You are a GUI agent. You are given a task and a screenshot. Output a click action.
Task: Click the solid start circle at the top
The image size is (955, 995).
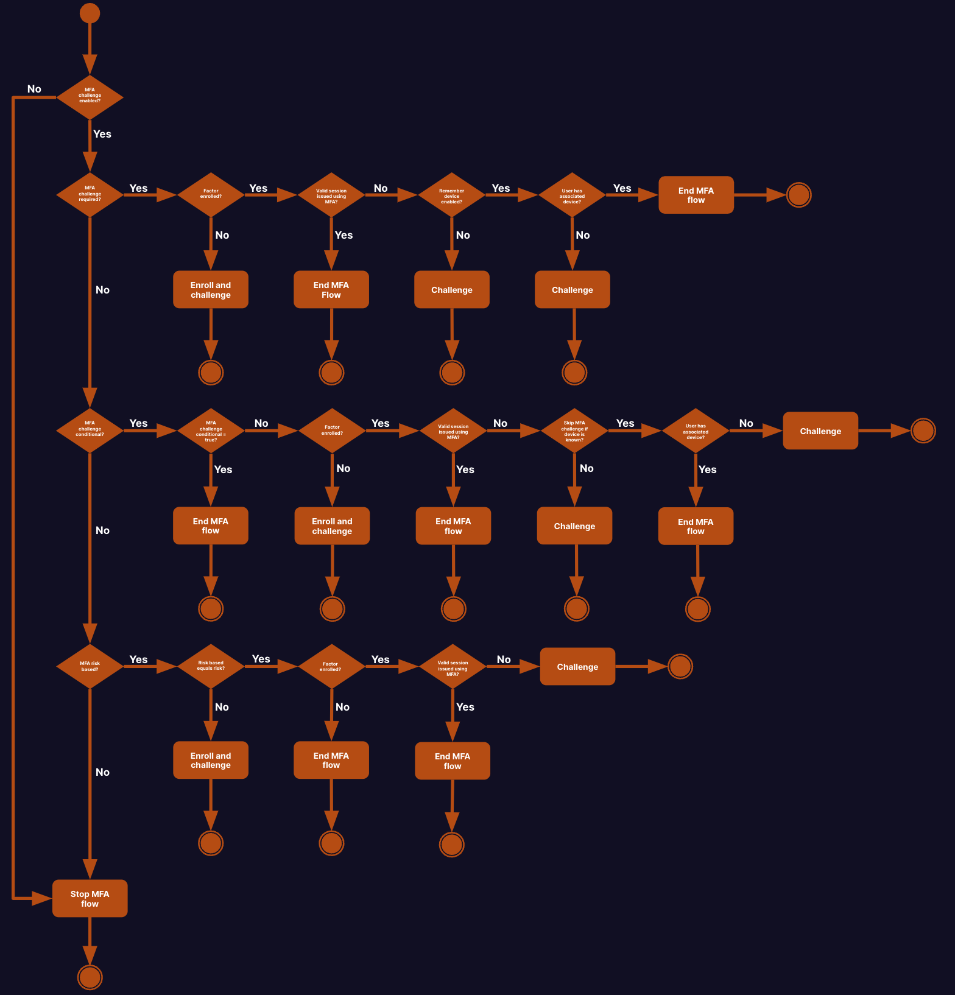[90, 13]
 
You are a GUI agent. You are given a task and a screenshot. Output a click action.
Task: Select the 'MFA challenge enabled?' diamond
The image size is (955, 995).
[90, 97]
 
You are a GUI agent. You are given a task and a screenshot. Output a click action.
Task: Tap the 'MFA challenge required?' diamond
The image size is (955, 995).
[90, 195]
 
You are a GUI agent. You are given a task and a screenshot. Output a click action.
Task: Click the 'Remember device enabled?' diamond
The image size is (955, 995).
[451, 195]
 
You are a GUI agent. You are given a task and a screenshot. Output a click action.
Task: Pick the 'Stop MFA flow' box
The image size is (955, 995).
[90, 898]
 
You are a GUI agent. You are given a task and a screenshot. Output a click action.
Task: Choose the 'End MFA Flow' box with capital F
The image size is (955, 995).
[331, 289]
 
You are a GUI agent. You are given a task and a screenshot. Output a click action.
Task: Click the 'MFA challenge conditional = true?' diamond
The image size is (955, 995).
[211, 431]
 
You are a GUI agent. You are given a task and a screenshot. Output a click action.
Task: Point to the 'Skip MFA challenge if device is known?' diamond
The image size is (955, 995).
[574, 431]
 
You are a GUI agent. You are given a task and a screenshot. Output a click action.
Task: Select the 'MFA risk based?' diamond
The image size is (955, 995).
[90, 666]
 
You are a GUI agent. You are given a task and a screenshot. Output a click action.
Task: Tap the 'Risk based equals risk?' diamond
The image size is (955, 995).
[211, 666]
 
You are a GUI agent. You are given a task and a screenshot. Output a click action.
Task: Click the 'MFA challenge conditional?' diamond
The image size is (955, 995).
[90, 431]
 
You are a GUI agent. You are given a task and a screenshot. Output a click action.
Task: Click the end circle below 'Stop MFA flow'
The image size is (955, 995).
[90, 977]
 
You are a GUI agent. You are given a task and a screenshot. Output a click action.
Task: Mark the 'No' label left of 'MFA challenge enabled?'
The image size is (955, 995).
[34, 89]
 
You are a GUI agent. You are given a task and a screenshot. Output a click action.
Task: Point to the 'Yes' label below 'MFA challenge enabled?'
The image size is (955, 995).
[102, 134]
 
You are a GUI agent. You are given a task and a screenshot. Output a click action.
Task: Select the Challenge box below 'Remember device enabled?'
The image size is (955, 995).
[452, 289]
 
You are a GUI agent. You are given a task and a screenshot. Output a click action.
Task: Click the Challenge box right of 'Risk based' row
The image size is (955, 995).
[577, 666]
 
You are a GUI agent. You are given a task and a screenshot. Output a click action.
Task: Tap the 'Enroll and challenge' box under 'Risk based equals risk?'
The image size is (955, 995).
[211, 760]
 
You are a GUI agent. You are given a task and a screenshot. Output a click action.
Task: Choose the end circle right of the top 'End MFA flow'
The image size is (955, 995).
[799, 195]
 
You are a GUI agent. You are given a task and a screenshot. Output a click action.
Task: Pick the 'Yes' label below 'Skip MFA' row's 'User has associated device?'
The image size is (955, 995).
[708, 469]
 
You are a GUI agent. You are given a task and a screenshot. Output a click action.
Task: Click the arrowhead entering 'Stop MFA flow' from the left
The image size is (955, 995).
[43, 898]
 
